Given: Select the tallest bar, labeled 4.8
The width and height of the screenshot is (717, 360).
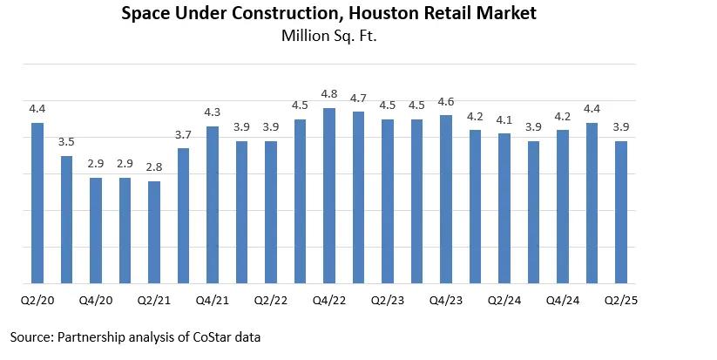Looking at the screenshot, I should [x=329, y=196].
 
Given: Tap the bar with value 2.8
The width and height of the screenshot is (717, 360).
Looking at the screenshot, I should [x=154, y=233].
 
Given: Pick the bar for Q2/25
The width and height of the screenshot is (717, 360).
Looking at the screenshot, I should [x=621, y=213].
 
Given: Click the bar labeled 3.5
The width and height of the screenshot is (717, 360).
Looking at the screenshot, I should [x=66, y=220].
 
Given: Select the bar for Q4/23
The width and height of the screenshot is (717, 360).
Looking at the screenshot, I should [x=446, y=200].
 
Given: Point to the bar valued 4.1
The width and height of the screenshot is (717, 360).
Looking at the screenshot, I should [x=504, y=208].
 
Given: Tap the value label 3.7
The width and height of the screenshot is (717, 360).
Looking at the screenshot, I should [x=183, y=134].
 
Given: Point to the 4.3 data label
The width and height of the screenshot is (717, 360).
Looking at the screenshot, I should [x=213, y=112].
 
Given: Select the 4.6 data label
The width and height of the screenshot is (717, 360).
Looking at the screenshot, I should [x=446, y=102].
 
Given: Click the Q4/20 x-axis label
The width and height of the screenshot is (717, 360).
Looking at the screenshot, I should [x=96, y=301].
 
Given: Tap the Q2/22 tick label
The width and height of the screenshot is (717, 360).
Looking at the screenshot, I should [x=271, y=301].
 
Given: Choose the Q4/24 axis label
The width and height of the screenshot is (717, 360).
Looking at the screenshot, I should [x=563, y=301].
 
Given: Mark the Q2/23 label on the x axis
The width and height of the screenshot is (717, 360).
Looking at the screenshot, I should [x=388, y=301].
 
